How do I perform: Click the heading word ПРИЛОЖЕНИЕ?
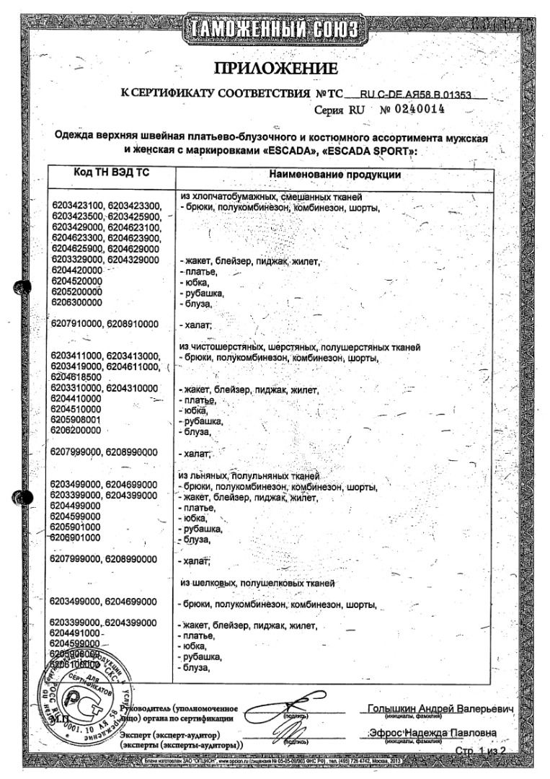(x=275, y=69)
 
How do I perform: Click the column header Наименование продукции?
(x=335, y=175)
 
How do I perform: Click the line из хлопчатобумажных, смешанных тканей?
(x=272, y=197)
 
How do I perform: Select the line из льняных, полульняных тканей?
(x=249, y=477)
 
